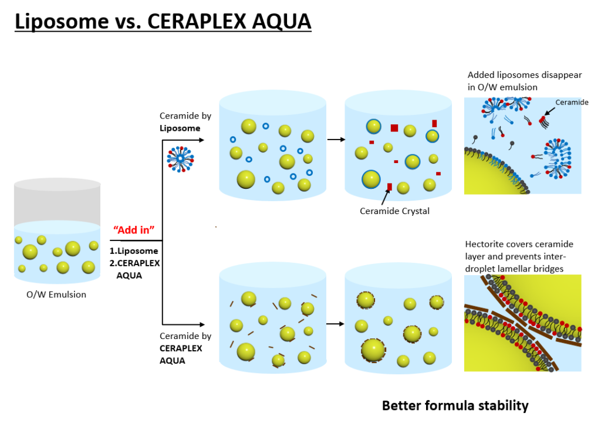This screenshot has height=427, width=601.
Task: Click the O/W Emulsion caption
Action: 56,294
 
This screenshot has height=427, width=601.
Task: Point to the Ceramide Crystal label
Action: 394,211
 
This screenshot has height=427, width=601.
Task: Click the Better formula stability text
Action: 455,405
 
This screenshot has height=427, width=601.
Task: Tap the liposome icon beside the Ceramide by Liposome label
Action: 180,158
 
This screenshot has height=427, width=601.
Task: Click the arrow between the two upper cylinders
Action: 335,140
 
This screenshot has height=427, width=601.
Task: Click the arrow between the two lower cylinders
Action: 335,323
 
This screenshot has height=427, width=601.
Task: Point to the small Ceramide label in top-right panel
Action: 572,102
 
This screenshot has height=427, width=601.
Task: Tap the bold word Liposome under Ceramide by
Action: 180,128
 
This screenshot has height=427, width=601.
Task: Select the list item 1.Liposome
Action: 134,251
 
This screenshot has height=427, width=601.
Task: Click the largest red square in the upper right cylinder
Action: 394,128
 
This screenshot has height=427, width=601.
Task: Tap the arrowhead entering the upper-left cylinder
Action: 201,140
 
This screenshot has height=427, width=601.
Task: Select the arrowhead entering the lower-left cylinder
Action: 201,323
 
